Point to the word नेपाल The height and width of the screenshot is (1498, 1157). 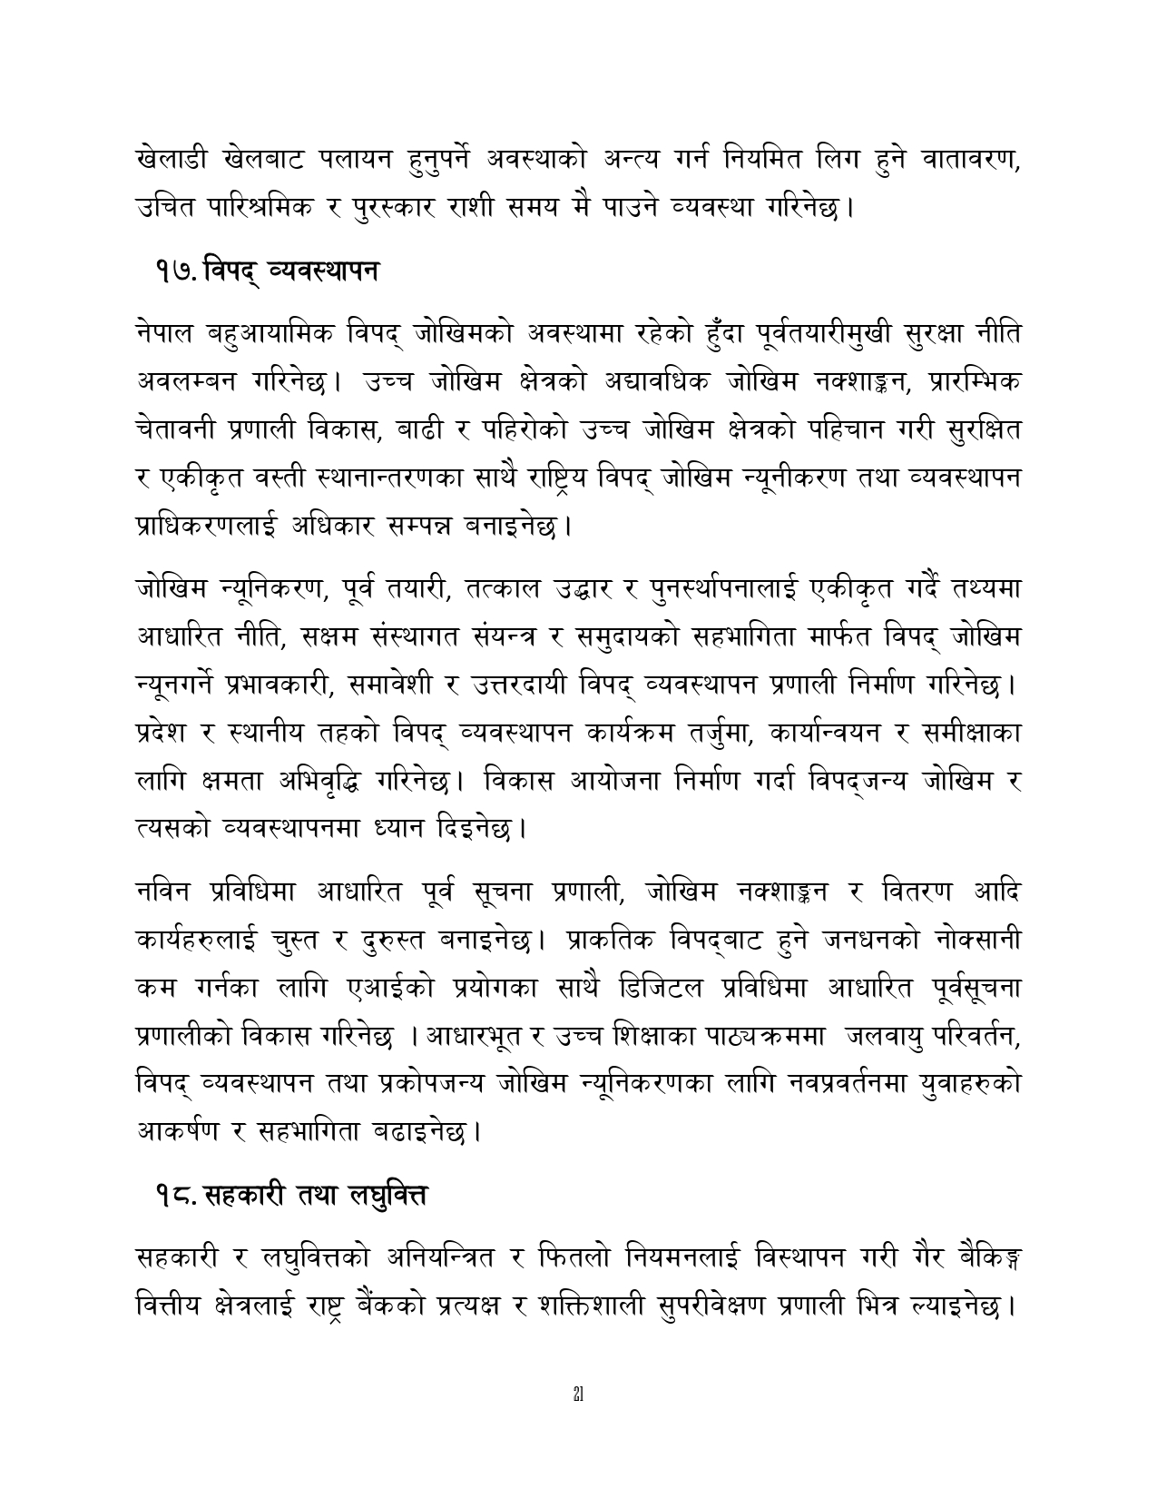[x=163, y=335]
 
